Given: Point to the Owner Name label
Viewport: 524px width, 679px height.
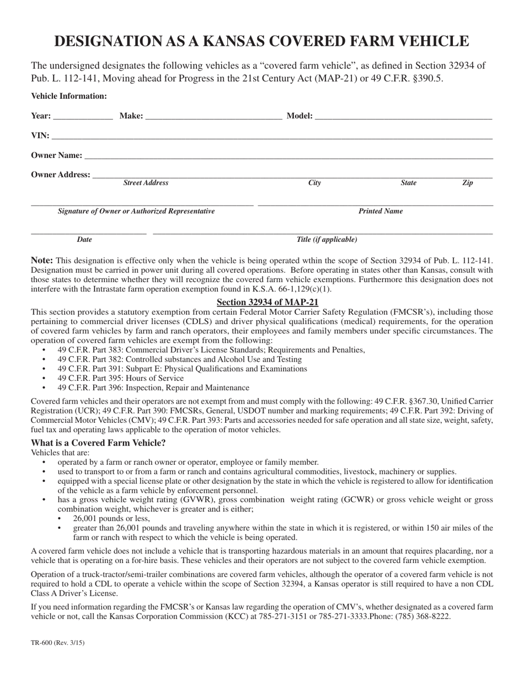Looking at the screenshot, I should coord(57,155).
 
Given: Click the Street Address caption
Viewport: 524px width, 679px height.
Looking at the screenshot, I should coord(146,183).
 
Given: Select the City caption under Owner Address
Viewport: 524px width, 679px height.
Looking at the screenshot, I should coord(314,183).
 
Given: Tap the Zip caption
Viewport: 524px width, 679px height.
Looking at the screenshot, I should coord(467,183).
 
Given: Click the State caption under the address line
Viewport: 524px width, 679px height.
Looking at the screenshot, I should coord(408,183).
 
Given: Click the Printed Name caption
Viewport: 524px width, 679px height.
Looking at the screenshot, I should coord(381,211).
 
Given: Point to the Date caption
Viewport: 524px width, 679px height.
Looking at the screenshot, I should coord(84,240).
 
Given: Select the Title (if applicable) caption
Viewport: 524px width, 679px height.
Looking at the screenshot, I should coord(327,240).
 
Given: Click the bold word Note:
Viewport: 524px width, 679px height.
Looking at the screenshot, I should coord(42,261).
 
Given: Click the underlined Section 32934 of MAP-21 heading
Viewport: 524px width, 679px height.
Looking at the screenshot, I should coord(268,302).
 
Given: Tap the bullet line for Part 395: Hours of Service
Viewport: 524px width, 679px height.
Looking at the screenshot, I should coord(120,378).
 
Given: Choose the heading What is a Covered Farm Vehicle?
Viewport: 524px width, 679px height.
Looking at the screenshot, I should coord(98,443).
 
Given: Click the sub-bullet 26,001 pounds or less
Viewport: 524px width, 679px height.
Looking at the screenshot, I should coord(111,518).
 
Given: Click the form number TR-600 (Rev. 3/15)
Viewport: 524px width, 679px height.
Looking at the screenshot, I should coord(58,643).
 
